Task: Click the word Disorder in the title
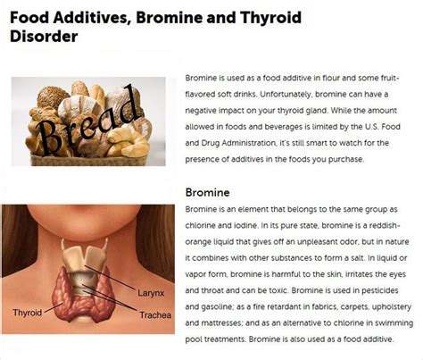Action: tap(44, 37)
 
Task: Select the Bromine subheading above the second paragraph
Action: tap(207, 192)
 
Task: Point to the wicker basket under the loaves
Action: tap(88, 160)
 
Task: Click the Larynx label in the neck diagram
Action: tap(151, 293)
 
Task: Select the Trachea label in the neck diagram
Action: tap(155, 315)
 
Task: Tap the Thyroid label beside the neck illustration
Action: tap(28, 313)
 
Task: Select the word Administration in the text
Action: tap(249, 143)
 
